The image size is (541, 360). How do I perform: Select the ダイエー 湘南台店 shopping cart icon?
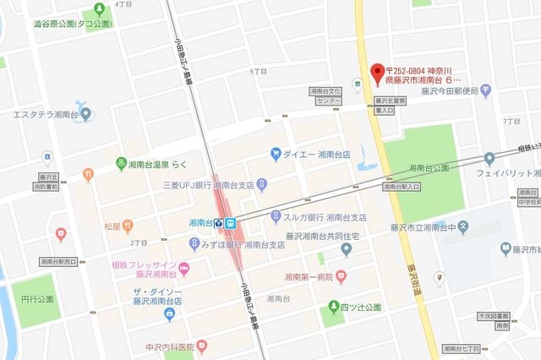[276, 154]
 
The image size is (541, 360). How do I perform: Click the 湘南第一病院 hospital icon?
[341, 275]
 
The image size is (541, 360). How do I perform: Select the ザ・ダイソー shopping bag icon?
[169, 314]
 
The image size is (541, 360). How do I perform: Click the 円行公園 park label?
[38, 299]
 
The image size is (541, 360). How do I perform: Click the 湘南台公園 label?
[428, 167]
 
